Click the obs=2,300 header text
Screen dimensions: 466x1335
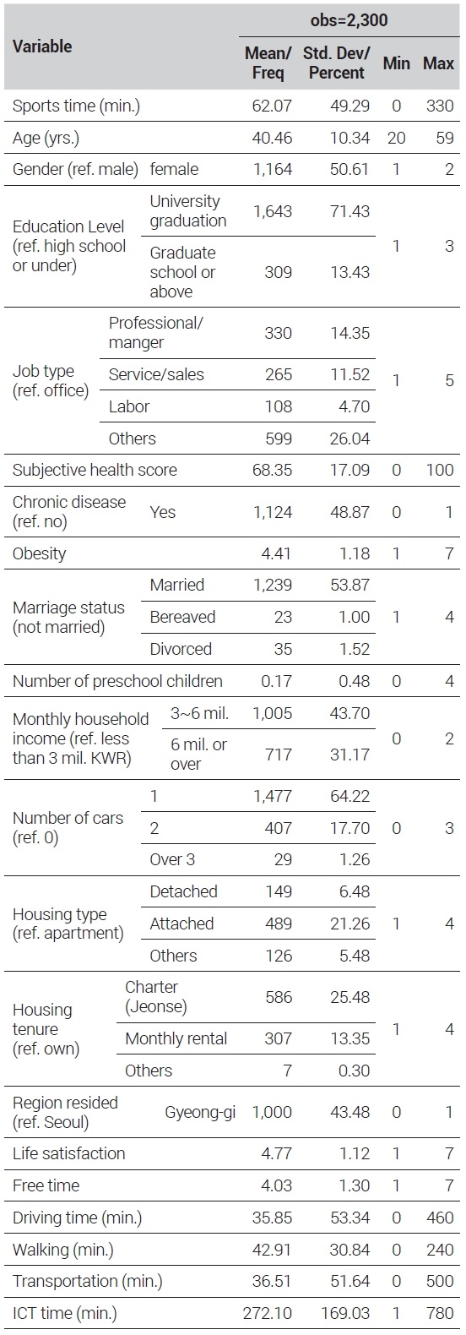349,20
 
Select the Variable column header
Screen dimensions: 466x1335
42,46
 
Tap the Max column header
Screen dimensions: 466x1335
439,63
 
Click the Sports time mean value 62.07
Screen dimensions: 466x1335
272,106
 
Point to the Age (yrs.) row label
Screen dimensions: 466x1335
46,139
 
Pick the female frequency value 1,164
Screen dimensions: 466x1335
273,170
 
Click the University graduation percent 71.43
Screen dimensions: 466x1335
350,211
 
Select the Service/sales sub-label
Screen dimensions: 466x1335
156,374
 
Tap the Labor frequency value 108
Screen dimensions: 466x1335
279,406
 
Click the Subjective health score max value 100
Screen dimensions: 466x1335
440,471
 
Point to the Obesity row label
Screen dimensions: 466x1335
40,553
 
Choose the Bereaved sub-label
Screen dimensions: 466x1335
182,617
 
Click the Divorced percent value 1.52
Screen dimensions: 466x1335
354,649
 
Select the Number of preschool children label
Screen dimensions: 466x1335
117,681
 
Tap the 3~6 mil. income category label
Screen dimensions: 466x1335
199,713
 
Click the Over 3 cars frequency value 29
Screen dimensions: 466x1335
284,859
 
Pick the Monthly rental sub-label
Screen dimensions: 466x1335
176,1038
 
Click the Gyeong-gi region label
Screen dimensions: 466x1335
200,1112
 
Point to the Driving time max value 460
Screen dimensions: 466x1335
440,1218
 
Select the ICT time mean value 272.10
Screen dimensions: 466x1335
268,1313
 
